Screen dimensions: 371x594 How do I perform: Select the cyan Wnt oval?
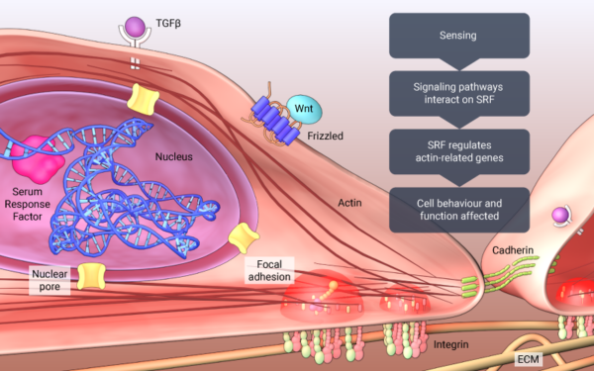[x=301, y=107]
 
